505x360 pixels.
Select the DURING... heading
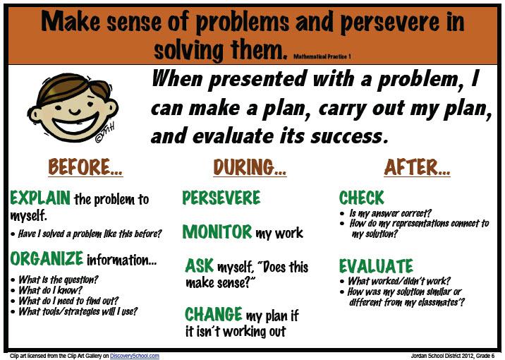point(250,167)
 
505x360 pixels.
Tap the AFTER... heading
point(418,167)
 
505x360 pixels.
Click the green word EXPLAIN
point(40,198)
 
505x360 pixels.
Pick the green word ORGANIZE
point(47,258)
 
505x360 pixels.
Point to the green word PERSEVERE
point(221,198)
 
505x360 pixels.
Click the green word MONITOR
point(217,232)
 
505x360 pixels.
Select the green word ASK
point(200,266)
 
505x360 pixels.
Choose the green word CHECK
point(362,198)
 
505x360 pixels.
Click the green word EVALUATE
point(376,266)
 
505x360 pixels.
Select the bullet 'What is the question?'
point(58,280)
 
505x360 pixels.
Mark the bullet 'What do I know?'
point(52,289)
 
